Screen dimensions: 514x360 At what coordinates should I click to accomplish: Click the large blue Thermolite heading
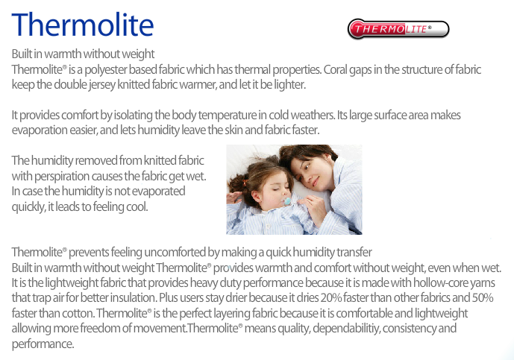tap(83, 25)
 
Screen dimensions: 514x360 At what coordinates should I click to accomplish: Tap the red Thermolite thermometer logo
tap(398, 29)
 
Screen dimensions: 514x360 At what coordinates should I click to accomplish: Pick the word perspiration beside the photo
tap(62, 177)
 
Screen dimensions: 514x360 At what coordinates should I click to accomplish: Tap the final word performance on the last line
tap(43, 344)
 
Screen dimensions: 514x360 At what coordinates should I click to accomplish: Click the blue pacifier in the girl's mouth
tap(287, 201)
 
